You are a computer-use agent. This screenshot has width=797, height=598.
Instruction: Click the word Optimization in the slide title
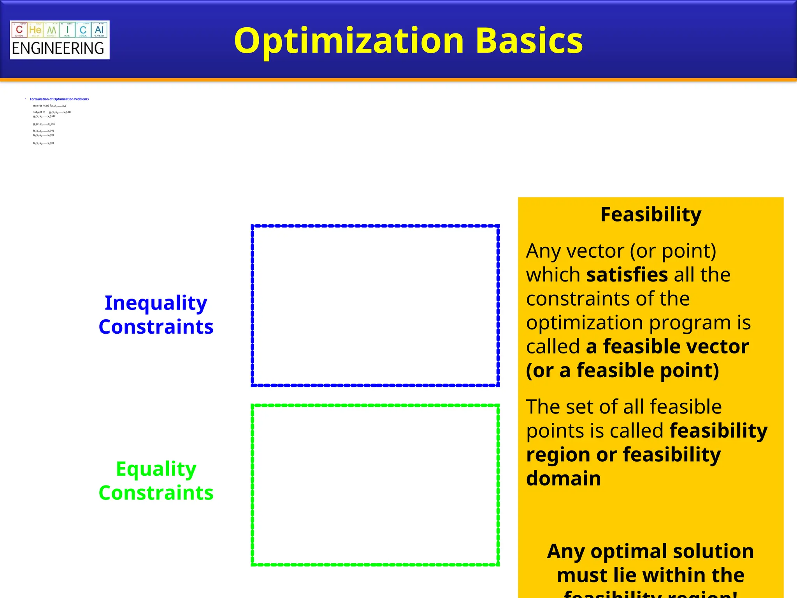click(x=348, y=41)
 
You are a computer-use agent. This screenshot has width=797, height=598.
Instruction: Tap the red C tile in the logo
click(x=19, y=30)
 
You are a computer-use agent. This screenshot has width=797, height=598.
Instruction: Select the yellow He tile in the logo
click(x=35, y=30)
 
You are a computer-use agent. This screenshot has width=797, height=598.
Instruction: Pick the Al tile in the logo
click(x=99, y=30)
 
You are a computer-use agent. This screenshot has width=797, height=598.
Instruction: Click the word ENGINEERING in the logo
click(x=58, y=49)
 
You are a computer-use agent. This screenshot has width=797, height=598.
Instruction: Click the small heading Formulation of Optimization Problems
click(x=59, y=99)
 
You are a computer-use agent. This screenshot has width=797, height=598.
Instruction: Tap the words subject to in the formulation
click(x=39, y=112)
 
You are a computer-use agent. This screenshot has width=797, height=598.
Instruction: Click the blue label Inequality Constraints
click(x=156, y=315)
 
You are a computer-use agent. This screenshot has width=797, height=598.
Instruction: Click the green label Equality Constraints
click(x=156, y=480)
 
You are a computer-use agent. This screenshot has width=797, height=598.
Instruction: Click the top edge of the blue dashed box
click(x=375, y=226)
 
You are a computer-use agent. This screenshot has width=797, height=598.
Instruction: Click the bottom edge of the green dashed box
click(x=375, y=565)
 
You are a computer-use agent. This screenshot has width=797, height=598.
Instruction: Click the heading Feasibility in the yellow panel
click(x=651, y=215)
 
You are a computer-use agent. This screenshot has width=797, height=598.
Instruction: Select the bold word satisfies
click(x=627, y=275)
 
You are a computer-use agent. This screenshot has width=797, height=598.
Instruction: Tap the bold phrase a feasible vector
click(x=667, y=346)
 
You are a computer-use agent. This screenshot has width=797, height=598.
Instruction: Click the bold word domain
click(x=563, y=478)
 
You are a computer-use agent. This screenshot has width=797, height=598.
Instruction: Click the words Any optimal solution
click(x=650, y=551)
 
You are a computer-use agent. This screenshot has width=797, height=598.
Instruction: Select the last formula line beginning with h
click(x=44, y=143)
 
